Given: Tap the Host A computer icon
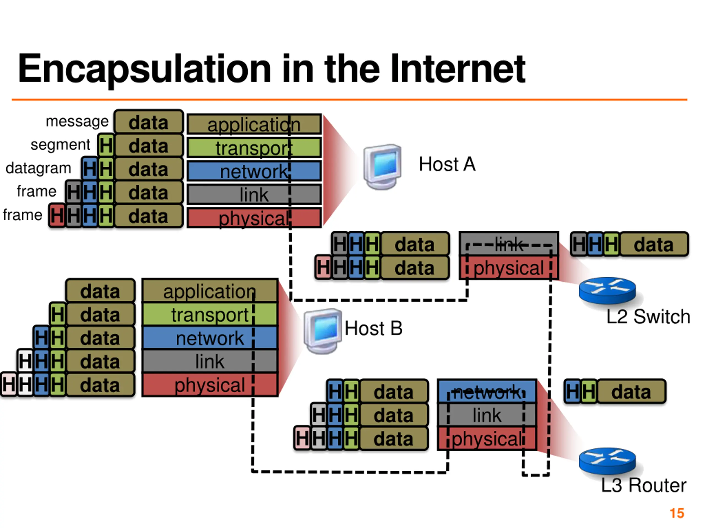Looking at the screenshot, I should coord(383,166).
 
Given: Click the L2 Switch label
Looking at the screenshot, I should coord(648,317).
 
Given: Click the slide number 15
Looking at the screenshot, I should coord(677,513).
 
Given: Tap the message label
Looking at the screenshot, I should coord(77,121).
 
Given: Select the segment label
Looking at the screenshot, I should coord(60,145).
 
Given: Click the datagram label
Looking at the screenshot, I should coord(38,168).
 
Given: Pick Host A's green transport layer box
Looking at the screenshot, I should coord(254,148).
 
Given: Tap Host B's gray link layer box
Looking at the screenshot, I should coord(210,361).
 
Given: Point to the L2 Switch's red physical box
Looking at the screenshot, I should coord(508,268).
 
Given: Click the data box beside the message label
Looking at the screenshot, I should coord(148,122).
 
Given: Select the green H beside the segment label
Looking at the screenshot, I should coord(106,146).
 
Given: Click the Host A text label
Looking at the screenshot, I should coord(447,164).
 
